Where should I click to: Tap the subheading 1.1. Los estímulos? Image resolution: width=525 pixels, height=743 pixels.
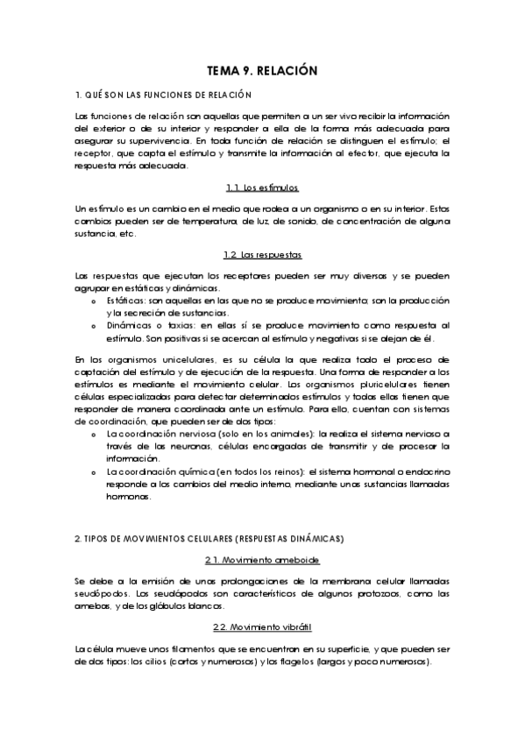[x=262, y=188]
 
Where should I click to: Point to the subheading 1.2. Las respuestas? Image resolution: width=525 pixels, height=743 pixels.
[x=262, y=254]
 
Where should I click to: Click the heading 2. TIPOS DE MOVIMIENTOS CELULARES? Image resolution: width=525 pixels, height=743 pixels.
[x=210, y=536]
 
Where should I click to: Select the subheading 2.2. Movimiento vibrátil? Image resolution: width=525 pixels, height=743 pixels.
[x=262, y=626]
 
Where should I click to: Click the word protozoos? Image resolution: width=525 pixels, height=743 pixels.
[x=342, y=593]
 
